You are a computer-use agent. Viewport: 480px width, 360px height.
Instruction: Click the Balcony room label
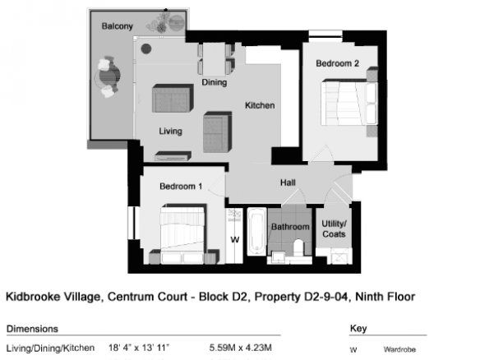tap(118, 26)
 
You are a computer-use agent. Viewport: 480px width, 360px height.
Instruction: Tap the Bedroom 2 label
tap(337, 63)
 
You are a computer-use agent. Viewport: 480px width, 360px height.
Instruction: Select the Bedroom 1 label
tap(181, 186)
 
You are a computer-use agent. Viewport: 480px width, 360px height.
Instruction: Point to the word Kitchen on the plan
tap(260, 105)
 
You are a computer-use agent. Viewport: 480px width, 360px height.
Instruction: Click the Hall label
tap(288, 182)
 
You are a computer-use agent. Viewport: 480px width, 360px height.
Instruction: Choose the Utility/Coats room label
tap(334, 228)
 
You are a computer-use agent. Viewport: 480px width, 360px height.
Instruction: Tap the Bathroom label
tap(290, 227)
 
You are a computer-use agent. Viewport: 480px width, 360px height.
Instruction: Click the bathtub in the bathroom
tap(256, 232)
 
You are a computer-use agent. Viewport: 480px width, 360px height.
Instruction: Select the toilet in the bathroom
tap(298, 248)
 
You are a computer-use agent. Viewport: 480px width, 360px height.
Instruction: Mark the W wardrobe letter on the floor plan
tap(235, 239)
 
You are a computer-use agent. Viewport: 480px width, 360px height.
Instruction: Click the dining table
tap(214, 59)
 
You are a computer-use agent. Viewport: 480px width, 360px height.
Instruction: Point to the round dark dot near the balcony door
tap(146, 48)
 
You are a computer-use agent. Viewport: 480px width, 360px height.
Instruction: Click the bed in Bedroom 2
tap(349, 103)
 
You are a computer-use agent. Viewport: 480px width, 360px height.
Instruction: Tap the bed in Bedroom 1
tap(182, 233)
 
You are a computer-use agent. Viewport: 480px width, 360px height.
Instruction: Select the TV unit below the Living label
tap(173, 156)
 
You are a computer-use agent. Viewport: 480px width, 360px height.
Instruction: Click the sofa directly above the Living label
tap(173, 99)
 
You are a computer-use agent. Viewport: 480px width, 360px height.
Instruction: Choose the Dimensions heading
tap(32, 329)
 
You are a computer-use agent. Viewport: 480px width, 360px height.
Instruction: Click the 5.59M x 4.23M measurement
tap(240, 348)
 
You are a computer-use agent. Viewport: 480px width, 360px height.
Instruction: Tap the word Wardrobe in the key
tap(399, 349)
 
